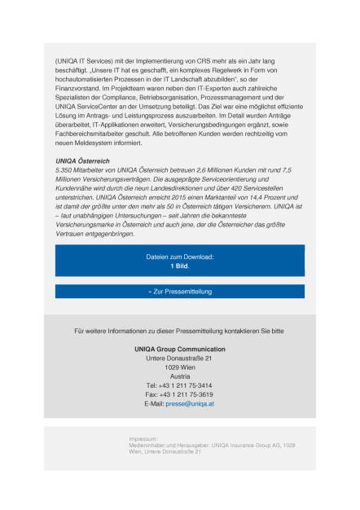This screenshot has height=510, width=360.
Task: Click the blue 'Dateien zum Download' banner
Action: click(x=179, y=260)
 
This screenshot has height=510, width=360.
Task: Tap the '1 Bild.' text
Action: click(x=179, y=266)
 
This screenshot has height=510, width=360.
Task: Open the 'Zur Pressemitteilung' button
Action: click(x=179, y=291)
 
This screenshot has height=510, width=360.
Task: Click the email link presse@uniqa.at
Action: click(x=190, y=403)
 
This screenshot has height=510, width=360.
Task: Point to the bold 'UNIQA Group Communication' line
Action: click(x=179, y=349)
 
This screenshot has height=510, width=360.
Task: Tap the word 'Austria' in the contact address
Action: click(x=180, y=376)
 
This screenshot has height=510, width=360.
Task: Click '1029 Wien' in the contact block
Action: click(x=179, y=367)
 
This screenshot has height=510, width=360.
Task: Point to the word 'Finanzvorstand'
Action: click(x=80, y=89)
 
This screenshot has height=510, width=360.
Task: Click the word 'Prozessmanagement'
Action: click(x=251, y=98)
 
